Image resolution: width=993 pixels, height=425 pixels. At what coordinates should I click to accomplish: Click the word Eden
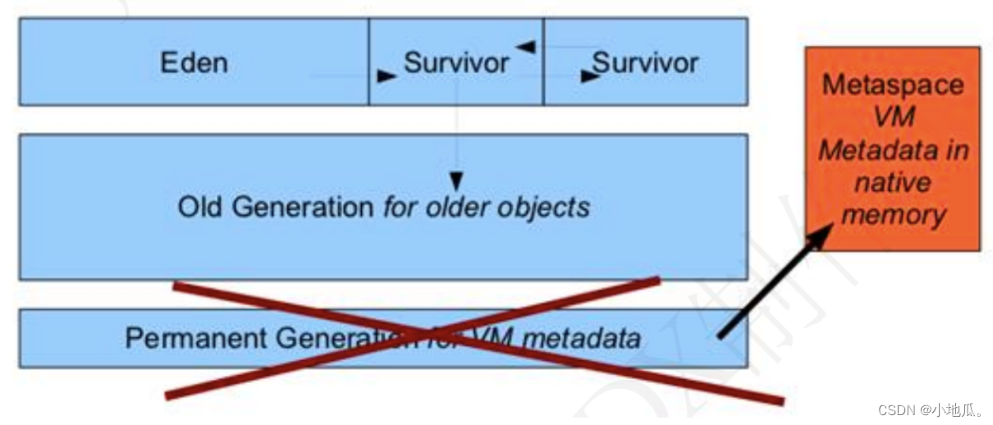tap(194, 63)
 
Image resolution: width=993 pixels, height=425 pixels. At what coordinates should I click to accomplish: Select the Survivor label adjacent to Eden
tap(456, 63)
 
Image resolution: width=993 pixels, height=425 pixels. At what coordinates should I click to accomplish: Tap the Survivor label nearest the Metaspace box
tap(645, 63)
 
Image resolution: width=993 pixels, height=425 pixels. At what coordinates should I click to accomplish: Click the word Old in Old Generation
tap(201, 207)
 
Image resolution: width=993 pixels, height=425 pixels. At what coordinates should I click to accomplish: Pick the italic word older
tap(456, 207)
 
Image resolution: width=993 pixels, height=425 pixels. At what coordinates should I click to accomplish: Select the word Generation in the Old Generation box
tap(302, 207)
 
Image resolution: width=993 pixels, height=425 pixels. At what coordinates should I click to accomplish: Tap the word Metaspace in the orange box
tap(893, 85)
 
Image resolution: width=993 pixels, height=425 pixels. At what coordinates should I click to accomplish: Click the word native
tap(893, 182)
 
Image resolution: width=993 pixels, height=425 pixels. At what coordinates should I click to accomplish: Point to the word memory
tap(893, 215)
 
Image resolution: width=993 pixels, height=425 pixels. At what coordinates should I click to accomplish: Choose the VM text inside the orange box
tap(893, 117)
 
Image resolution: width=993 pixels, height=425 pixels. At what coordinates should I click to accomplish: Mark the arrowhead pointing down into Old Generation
tap(456, 181)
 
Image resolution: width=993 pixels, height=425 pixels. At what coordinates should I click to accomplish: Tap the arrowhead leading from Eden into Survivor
tap(385, 76)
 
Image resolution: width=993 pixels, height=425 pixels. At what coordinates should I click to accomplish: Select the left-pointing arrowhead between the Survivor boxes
tap(526, 47)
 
